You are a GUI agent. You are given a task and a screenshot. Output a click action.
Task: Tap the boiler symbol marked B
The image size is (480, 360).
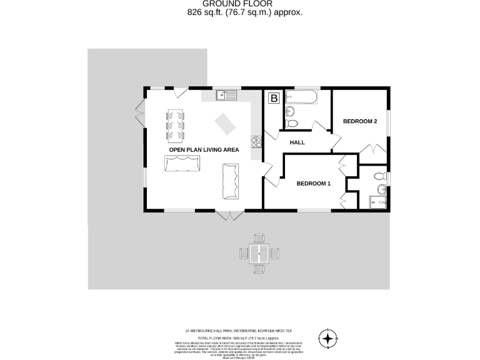coord(274,98)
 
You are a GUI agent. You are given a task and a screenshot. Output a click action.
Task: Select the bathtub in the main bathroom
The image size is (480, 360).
coord(301,98)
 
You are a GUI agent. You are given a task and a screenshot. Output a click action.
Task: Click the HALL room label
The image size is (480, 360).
coord(297,142)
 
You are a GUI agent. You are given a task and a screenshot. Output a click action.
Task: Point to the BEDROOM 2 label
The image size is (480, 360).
coord(360,121)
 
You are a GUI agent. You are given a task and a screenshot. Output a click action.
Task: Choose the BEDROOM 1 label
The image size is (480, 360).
coord(312,183)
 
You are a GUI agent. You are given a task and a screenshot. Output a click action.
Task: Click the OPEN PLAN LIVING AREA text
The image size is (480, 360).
coord(204,150)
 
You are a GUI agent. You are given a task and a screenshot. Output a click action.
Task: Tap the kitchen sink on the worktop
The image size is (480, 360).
coord(226,95)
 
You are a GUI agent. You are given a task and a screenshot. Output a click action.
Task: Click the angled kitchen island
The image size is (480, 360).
coord(226,124)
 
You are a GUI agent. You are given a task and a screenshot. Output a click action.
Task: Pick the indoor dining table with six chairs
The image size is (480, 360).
coord(176,124)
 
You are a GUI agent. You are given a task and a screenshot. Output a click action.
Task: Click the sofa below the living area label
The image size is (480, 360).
coord(183,165)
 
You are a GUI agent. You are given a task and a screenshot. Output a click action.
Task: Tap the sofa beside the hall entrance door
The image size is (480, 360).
coord(231,181)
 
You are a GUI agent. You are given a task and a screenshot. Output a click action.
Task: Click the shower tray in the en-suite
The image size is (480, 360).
coord(377,202)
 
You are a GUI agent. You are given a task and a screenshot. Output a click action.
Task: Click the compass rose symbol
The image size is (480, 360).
coord(327,338)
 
